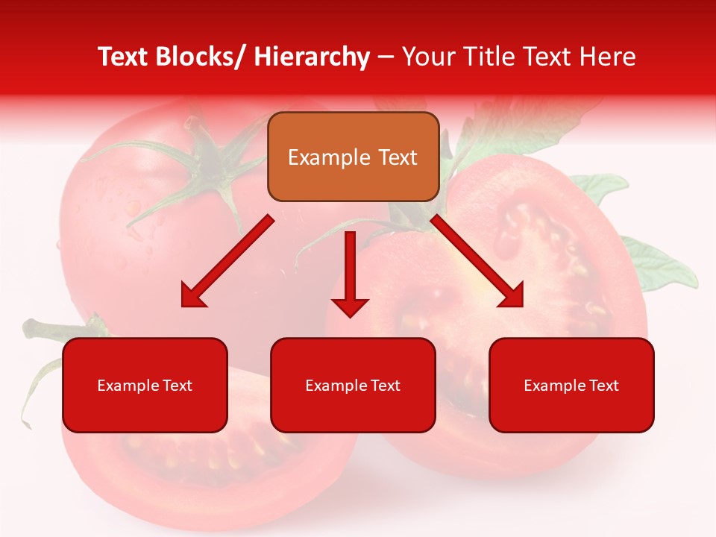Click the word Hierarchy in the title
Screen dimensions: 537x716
[312, 57]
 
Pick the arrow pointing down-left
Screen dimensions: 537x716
[227, 261]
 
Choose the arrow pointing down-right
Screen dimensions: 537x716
[477, 261]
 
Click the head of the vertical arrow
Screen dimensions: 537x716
[350, 306]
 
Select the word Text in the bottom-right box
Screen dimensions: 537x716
[603, 386]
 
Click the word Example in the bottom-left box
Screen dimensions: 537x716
[128, 386]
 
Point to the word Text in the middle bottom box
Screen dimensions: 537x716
[385, 386]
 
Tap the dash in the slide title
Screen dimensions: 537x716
[386, 58]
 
